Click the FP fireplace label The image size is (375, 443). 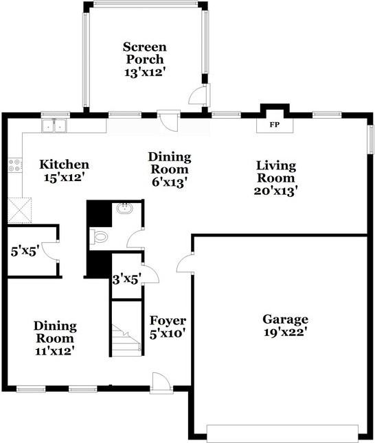click(x=274, y=124)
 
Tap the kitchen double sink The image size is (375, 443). click(x=54, y=125)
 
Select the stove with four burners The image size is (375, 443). click(x=14, y=165)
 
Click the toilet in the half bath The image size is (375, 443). click(x=99, y=236)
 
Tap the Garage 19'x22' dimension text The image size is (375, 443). click(x=286, y=332)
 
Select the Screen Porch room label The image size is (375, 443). click(x=145, y=53)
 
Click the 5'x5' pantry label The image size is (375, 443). click(x=25, y=251)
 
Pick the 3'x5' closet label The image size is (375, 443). click(x=126, y=280)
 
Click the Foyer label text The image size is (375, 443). click(x=168, y=320)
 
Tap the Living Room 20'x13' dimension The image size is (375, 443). click(x=276, y=191)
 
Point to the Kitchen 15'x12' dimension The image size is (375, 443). click(x=65, y=178)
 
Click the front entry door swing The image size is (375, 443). click(x=161, y=382)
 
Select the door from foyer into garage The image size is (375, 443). click(x=185, y=263)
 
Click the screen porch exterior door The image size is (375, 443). click(x=199, y=95)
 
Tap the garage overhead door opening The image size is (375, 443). click(x=282, y=433)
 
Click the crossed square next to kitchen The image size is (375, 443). click(x=19, y=211)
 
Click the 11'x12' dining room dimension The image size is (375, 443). click(x=55, y=351)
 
